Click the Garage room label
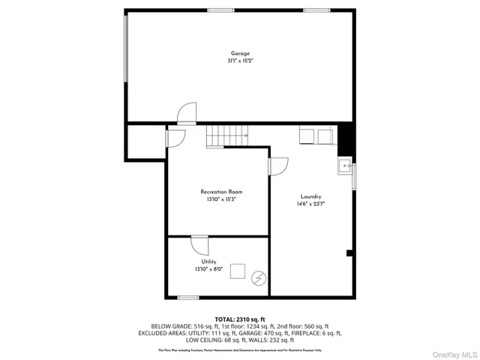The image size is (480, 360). coord(240,53)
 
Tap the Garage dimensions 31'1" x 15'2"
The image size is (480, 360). coord(240,61)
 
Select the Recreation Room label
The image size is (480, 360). coord(221,192)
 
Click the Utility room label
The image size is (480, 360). coord(208,261)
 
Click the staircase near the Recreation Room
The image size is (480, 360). coord(226,136)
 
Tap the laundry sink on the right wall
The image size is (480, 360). coord(345,166)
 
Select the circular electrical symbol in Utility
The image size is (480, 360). coord(259,277)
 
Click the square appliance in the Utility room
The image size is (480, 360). coord(239,271)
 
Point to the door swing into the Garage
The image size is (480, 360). coord(186,113)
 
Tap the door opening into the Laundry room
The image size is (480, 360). coord(277,166)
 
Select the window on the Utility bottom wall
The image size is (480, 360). coord(188,298)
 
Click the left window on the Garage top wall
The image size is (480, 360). coord(218,10)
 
